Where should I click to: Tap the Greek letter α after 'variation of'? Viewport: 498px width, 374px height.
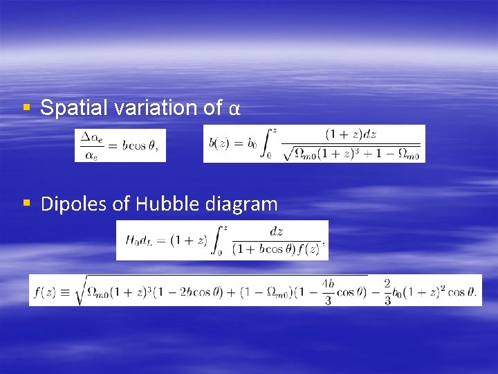point(234,109)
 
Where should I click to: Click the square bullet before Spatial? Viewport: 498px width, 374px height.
point(26,108)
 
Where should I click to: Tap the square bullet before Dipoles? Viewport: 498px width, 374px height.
point(26,204)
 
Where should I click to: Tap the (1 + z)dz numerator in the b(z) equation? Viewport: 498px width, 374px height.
point(351,134)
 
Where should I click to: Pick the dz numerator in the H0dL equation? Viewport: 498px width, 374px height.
point(276,231)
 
